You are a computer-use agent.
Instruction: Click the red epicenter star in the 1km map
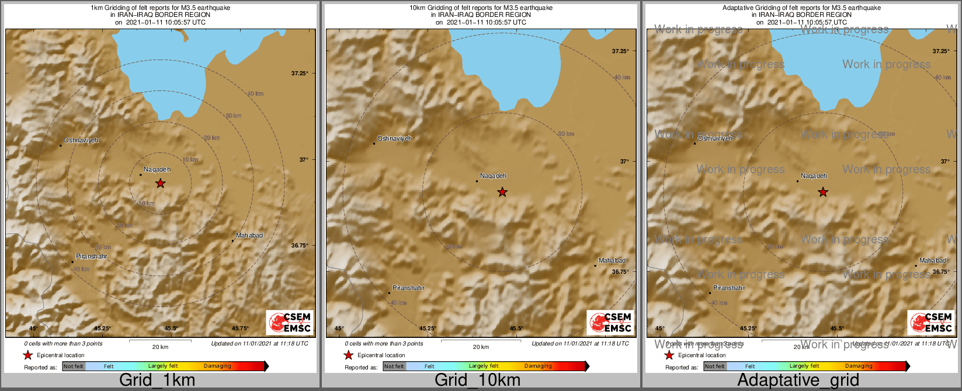pyautogui.click(x=161, y=184)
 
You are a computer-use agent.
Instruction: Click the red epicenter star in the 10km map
pyautogui.click(x=502, y=192)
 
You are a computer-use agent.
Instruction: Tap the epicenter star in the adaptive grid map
pyautogui.click(x=823, y=192)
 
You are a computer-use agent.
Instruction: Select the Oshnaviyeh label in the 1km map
pyautogui.click(x=81, y=141)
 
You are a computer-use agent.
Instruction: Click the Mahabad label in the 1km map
pyautogui.click(x=249, y=236)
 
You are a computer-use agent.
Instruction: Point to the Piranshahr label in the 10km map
pyautogui.click(x=408, y=288)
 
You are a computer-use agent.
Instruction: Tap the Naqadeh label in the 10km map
pyautogui.click(x=493, y=176)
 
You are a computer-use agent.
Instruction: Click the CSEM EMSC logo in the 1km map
pyautogui.click(x=290, y=323)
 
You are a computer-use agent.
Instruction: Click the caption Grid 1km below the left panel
pyautogui.click(x=157, y=380)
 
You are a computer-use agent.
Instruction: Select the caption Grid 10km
pyautogui.click(x=477, y=380)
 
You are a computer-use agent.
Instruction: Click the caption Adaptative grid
pyautogui.click(x=798, y=380)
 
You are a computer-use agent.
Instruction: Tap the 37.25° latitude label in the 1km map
pyautogui.click(x=300, y=73)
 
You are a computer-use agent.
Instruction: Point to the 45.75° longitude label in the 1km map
pyautogui.click(x=240, y=329)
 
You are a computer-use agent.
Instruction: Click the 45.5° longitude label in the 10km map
pyautogui.click(x=516, y=329)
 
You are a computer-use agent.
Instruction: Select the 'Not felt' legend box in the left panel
pyautogui.click(x=74, y=366)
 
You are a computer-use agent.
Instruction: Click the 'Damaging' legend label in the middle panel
pyautogui.click(x=537, y=366)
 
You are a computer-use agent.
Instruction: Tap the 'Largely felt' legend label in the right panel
pyautogui.click(x=804, y=366)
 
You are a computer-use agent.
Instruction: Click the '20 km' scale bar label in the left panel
pyautogui.click(x=160, y=347)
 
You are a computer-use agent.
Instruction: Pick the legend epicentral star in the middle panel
pyautogui.click(x=349, y=355)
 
